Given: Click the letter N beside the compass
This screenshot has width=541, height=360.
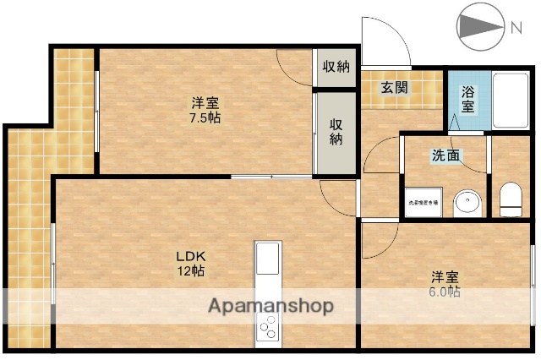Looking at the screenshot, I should click(516, 28).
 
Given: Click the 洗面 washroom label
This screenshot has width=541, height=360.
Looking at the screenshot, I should click(446, 155).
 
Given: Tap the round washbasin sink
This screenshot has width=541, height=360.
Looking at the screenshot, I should click(466, 203).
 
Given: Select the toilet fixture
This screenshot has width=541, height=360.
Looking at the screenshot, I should click(511, 200).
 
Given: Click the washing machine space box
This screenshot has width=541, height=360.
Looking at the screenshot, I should click(424, 203).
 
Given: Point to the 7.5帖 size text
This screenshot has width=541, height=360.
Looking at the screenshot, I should click(205, 118).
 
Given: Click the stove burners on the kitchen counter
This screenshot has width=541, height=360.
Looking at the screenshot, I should click(268, 326).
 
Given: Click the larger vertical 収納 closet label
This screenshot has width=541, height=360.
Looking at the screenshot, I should click(335, 131).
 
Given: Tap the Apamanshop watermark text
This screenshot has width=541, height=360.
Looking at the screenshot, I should click(270, 305).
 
